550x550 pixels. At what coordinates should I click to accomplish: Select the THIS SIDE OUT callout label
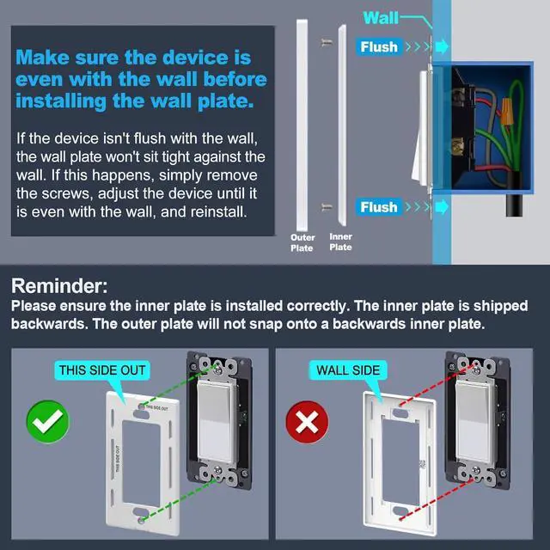click(102, 370)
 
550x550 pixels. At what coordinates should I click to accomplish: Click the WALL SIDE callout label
click(348, 370)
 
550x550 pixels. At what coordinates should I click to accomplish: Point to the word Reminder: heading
click(58, 286)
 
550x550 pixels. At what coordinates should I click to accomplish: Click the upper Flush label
click(379, 46)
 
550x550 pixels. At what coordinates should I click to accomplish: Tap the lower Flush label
click(379, 207)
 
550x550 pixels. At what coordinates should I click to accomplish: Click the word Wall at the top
click(381, 17)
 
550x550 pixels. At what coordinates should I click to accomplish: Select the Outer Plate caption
click(302, 242)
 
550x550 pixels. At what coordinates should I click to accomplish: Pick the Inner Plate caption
click(341, 242)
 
